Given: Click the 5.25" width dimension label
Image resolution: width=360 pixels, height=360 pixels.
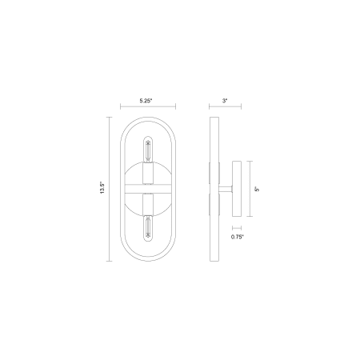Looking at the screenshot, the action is tap(146, 101).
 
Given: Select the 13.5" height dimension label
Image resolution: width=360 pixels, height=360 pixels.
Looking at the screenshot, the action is tap(102, 188).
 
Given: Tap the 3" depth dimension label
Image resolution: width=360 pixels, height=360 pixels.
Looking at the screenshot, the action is tap(225, 101).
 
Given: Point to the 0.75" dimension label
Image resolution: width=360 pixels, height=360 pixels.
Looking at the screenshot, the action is tap(238, 237).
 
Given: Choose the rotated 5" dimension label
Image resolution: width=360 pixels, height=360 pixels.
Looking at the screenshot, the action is tap(257, 189).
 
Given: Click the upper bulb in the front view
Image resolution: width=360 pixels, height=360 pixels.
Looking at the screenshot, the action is tap(148, 150).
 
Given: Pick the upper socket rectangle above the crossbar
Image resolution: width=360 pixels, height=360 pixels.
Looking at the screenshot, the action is tap(148, 173).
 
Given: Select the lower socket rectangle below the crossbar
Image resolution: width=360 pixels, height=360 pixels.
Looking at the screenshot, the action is tap(148, 205).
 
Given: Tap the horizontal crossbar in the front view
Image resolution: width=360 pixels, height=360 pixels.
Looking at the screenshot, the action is tap(148, 189).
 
